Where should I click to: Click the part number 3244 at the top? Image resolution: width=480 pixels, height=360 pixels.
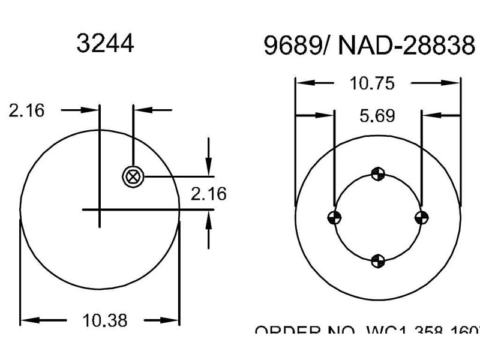click(x=105, y=43)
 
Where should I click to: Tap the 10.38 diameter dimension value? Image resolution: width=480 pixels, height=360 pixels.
click(x=106, y=320)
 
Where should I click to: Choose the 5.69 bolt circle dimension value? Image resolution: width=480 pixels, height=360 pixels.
click(x=377, y=115)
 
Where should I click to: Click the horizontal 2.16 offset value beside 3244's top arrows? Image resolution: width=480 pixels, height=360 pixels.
click(x=26, y=110)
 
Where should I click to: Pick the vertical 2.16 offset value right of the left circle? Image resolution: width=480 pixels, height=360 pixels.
click(x=208, y=193)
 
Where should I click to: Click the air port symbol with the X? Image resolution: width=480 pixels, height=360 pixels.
click(x=133, y=176)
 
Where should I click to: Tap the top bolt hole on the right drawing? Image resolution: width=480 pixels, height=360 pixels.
click(x=377, y=174)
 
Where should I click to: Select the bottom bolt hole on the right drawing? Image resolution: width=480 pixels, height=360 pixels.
click(x=377, y=260)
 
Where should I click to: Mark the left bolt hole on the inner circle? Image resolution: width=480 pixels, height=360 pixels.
click(x=334, y=217)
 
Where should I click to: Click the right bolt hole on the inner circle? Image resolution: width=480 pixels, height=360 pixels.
click(x=422, y=217)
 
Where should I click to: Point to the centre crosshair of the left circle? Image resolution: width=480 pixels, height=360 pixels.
click(x=100, y=209)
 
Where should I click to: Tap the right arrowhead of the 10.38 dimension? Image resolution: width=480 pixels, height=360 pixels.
click(x=175, y=320)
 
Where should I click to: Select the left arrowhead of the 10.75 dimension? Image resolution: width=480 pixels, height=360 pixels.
click(x=300, y=83)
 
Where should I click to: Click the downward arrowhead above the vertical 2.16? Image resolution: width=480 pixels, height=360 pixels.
click(x=208, y=170)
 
